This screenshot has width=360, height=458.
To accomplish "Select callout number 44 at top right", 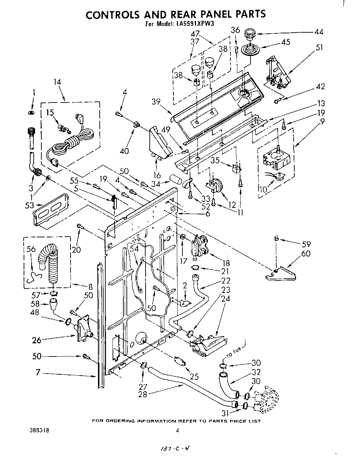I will tap(318, 32).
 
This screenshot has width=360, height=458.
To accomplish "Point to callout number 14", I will tap(57, 82).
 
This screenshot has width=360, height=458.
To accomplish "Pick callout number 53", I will tap(30, 205).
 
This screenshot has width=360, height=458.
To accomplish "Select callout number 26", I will tap(36, 340).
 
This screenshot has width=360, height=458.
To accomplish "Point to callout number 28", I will tap(142, 394).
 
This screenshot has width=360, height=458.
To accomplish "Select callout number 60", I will tap(306, 254).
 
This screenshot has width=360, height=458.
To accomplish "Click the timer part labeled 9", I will tap(275, 158).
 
